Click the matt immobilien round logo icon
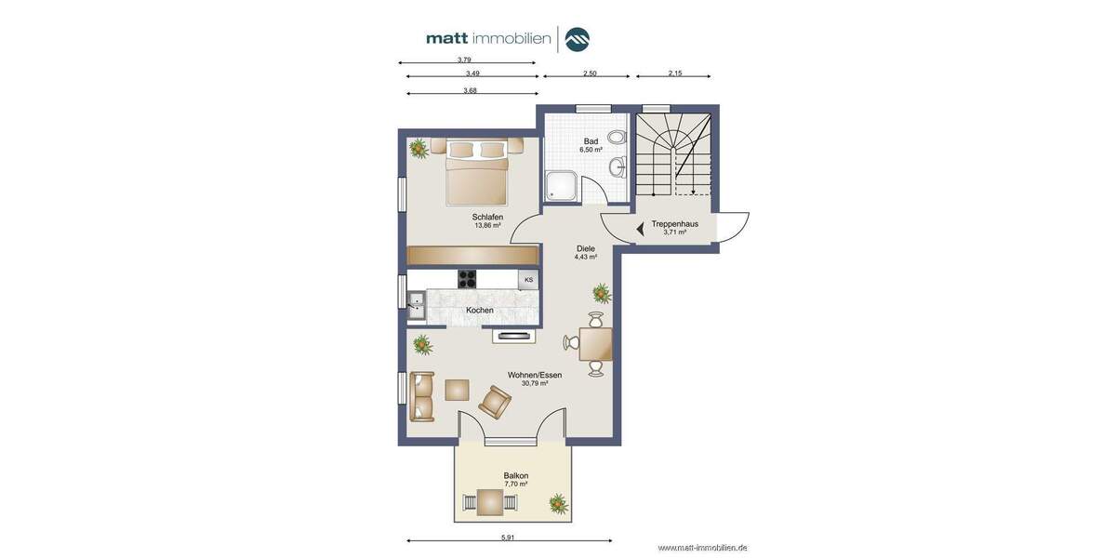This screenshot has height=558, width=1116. pos(577,39)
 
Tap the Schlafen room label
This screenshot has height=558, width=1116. pos(487,217)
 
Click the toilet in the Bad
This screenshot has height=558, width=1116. pos(616,138)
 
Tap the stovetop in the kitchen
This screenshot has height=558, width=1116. pos(467,278)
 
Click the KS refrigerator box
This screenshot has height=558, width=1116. pos(528,279)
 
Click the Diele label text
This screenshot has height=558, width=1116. pos(586,248)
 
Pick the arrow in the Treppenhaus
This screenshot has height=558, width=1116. pos(640,228)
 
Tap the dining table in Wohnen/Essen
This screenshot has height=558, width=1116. pos(595,344)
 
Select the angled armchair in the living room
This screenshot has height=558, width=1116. pos(494,402)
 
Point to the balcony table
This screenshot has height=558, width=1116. pos(489,502)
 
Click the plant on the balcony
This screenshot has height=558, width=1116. pos(558,503)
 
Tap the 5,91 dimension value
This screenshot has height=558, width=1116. pos(508,537)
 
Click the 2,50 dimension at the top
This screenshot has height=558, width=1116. pos(590,73)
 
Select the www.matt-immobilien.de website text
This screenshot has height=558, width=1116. pos(702,548)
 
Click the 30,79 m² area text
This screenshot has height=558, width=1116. pos(535,383)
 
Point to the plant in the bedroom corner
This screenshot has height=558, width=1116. pos(418,148)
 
